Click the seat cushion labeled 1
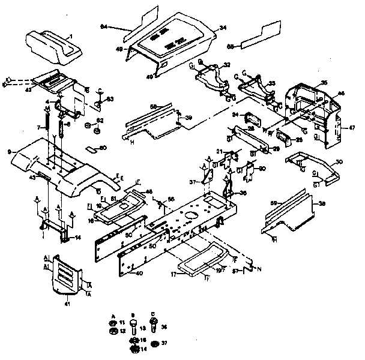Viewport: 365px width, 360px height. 55,47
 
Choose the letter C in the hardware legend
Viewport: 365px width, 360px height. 153,314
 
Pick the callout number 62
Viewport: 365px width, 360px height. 100,121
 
